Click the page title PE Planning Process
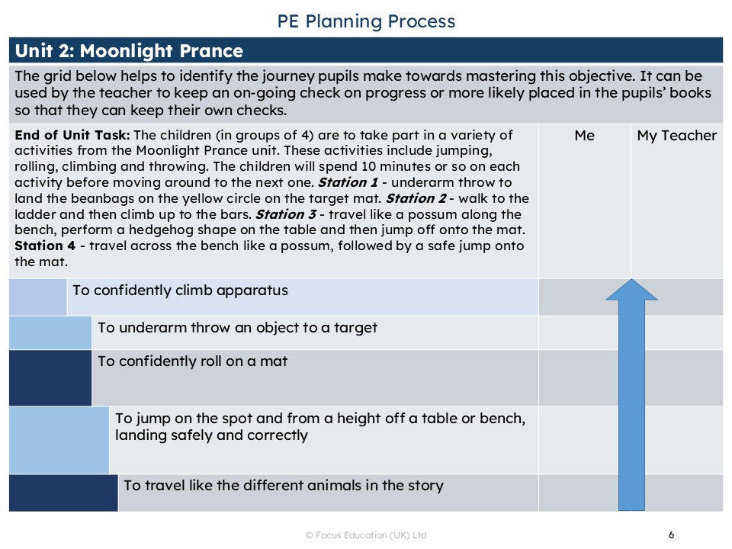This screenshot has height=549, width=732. [366, 21]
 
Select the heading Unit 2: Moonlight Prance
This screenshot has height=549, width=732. [129, 51]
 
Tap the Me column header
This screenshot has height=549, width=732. [584, 136]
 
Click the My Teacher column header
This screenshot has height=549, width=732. [676, 136]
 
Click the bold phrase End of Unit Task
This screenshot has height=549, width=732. [72, 136]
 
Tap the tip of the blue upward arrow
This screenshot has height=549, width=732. [631, 281]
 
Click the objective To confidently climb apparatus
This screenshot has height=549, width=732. [180, 291]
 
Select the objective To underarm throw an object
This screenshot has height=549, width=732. [237, 328]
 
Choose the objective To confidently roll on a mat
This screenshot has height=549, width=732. [192, 361]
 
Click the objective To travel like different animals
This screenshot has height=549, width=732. [283, 486]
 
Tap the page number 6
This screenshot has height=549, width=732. [671, 535]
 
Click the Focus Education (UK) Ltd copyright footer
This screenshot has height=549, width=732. [366, 535]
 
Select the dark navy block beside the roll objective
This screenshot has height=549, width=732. [50, 377]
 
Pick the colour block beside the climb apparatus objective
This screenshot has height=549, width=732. [37, 297]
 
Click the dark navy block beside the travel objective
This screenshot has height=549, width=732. [63, 493]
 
